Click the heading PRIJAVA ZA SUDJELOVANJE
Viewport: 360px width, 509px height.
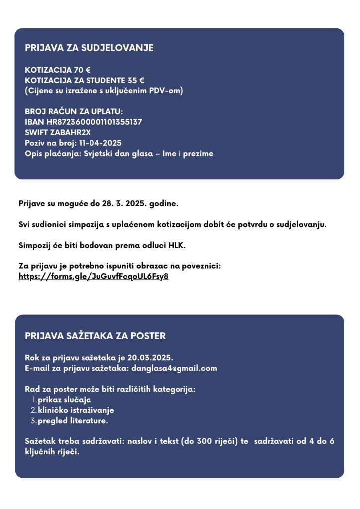(89, 48)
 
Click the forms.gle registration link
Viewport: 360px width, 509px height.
(93, 277)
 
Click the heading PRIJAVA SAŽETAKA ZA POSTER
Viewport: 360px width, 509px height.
(95, 336)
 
